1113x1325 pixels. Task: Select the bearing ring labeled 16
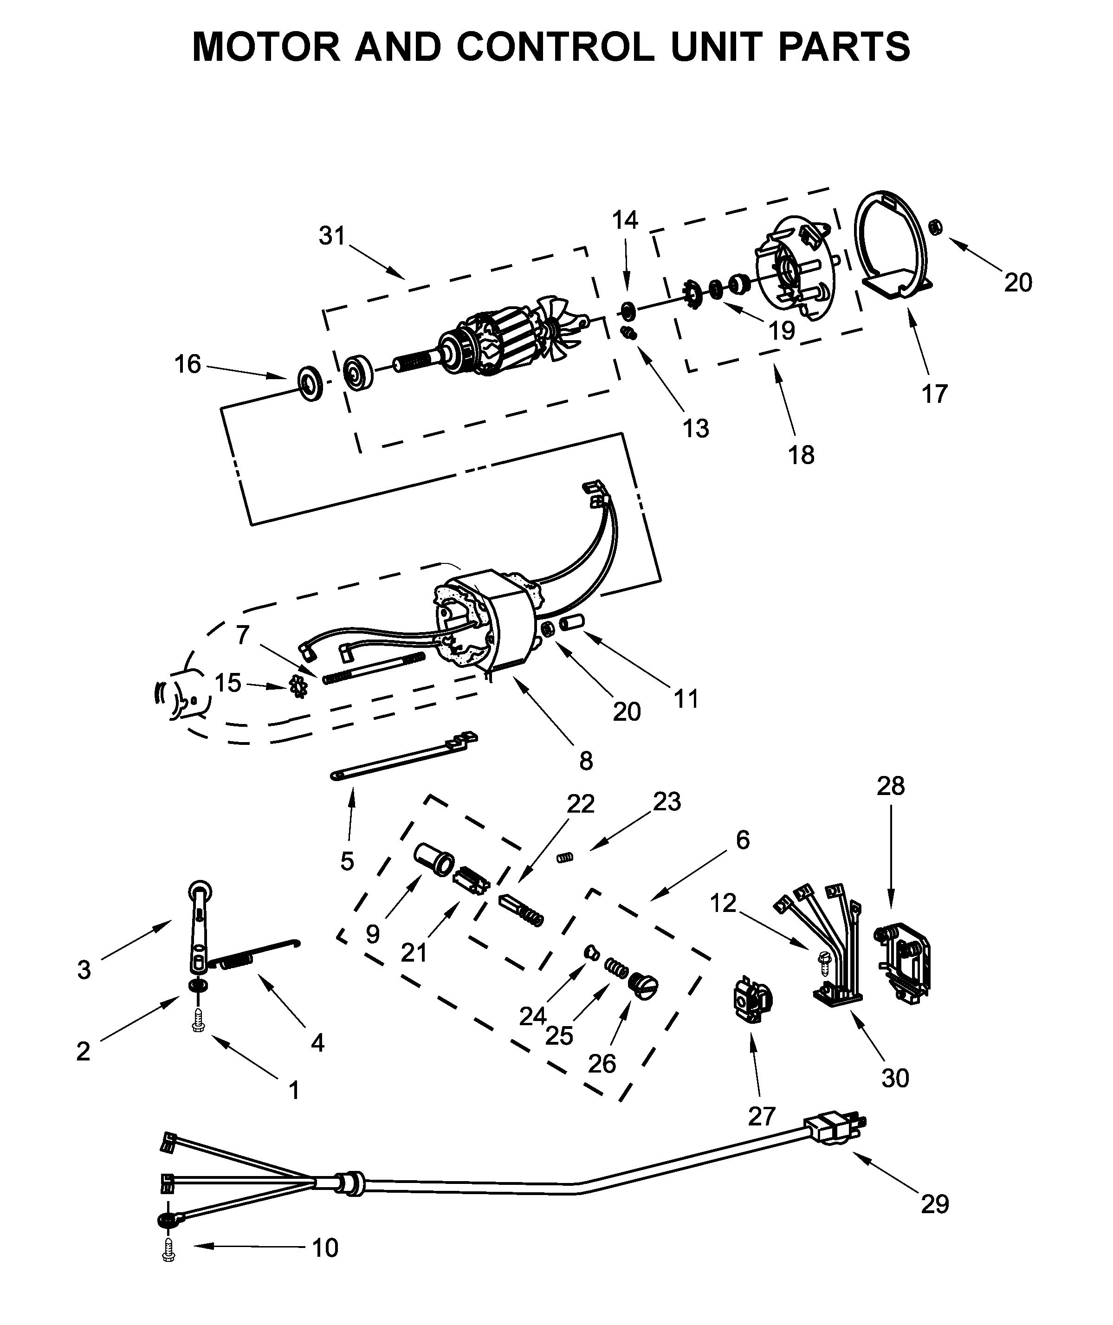(311, 382)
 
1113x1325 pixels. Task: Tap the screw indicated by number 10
(168, 1249)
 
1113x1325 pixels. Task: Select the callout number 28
(890, 786)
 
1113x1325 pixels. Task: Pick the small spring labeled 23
(566, 857)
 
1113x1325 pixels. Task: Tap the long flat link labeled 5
(404, 756)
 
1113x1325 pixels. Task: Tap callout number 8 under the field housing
(586, 761)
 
